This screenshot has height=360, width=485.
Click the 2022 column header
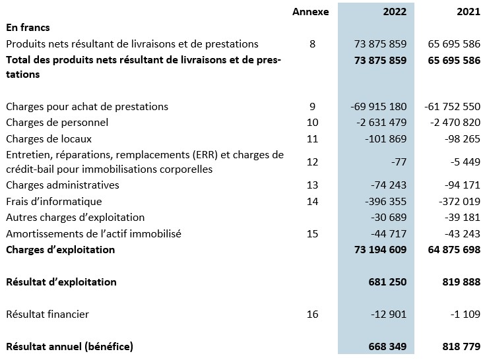pos(395,11)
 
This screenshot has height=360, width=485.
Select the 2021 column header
pos(469,11)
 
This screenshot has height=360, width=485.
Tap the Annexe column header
pos(311,11)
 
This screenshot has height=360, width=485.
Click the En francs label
pos(28,28)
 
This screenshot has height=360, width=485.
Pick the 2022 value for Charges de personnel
pos(381,123)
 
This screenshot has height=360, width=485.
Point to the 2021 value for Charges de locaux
pos(463,138)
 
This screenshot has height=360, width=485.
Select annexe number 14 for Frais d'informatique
pos(312,202)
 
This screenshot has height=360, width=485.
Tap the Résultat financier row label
pos(48,315)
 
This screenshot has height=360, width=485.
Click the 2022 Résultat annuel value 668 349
pos(387,346)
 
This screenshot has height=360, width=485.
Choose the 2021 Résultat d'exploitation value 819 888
pos(461,282)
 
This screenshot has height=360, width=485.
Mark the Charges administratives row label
pos(63,185)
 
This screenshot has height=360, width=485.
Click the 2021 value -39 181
pos(463,217)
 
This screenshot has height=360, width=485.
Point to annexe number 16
pos(312,315)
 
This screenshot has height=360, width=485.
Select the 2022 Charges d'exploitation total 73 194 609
pos(380,250)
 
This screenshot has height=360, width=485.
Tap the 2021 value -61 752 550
pos(452,107)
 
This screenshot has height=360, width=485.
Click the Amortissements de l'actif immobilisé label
pos(94,233)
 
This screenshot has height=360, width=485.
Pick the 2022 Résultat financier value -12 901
pos(389,315)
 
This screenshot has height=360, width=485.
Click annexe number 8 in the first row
pos(312,44)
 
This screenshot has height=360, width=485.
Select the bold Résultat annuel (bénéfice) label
pos(69,346)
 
